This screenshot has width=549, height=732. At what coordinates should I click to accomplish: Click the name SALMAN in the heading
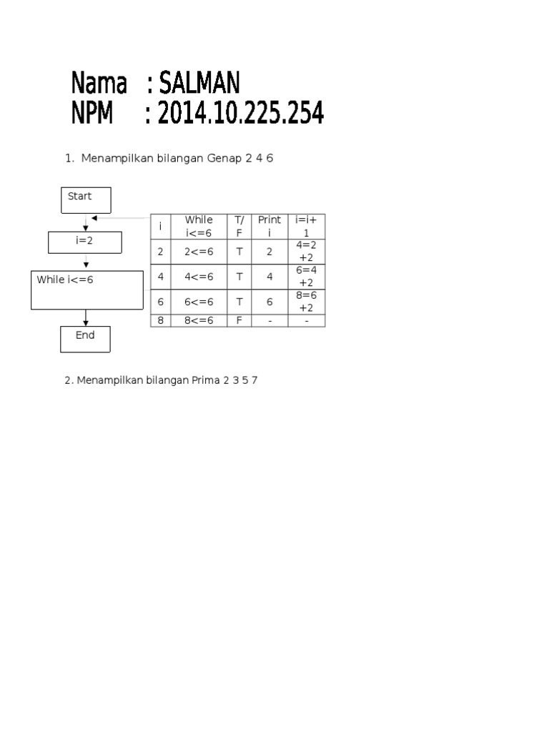tap(198, 84)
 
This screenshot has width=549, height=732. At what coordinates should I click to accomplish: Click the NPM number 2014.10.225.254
tap(240, 113)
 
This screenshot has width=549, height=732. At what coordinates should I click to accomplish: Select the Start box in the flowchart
tap(86, 199)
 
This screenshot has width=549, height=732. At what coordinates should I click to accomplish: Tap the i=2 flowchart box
tap(85, 242)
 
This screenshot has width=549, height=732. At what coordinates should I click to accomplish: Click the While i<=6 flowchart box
tap(86, 289)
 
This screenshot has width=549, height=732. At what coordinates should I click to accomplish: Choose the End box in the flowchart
tap(85, 340)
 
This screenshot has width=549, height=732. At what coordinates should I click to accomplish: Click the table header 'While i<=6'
tap(199, 226)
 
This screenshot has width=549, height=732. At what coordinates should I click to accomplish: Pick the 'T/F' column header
tap(239, 226)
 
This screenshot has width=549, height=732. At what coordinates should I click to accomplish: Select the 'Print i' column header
tap(269, 226)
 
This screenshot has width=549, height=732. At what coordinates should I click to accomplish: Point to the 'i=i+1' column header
tap(307, 226)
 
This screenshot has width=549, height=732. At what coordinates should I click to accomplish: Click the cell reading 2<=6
tap(199, 252)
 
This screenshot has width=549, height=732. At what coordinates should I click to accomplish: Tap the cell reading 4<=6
tap(199, 277)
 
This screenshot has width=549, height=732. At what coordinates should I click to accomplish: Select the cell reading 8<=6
tap(199, 321)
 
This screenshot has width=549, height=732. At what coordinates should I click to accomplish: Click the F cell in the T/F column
tap(239, 321)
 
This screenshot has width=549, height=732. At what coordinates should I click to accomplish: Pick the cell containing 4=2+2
tap(307, 252)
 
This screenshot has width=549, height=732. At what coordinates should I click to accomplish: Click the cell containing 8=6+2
tap(307, 302)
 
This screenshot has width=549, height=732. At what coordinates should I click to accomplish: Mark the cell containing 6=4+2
tap(307, 277)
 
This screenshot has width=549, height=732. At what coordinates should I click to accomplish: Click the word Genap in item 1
tap(224, 159)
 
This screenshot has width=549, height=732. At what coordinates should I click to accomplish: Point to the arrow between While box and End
tap(86, 317)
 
